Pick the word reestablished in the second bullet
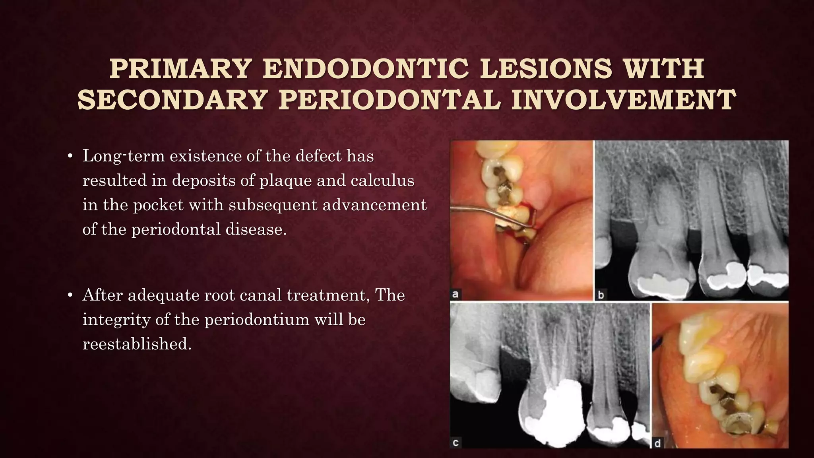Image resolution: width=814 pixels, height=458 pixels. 137,344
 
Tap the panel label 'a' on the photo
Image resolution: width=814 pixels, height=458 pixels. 456,295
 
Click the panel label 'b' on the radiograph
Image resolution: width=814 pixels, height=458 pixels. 601,295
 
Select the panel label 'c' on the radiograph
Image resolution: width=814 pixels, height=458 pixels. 456,442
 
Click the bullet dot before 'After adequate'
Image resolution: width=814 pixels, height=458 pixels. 70,295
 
